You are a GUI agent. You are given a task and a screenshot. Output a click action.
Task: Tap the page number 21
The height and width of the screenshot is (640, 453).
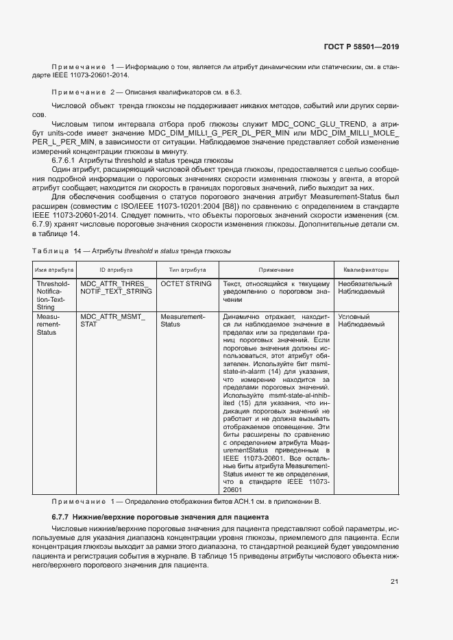pyautogui.click(x=394, y=582)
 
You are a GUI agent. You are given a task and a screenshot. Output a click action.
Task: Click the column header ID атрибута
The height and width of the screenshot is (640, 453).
pyautogui.click(x=117, y=270)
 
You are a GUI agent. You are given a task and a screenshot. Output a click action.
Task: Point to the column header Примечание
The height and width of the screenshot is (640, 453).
pyautogui.click(x=276, y=270)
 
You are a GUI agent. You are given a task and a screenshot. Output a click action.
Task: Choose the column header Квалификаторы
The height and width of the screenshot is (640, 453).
pyautogui.click(x=366, y=270)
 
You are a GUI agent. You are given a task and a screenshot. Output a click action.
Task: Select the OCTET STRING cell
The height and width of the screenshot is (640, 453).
pyautogui.click(x=186, y=283)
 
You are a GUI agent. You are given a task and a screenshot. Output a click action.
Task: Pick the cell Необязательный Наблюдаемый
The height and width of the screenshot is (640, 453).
pyautogui.click(x=365, y=287)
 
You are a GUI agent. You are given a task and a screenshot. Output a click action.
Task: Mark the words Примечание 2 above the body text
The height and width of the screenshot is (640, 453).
pyautogui.click(x=80, y=92)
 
